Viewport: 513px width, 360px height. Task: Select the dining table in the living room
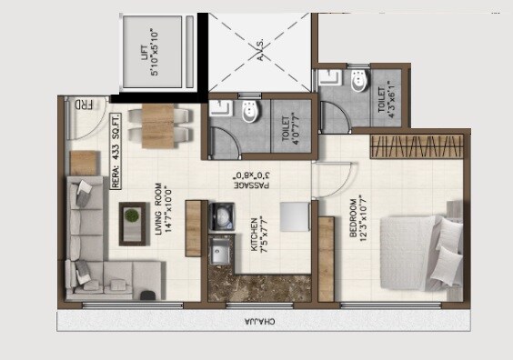tap(160, 125)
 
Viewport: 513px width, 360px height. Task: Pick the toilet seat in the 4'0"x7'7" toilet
tap(253, 112)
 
